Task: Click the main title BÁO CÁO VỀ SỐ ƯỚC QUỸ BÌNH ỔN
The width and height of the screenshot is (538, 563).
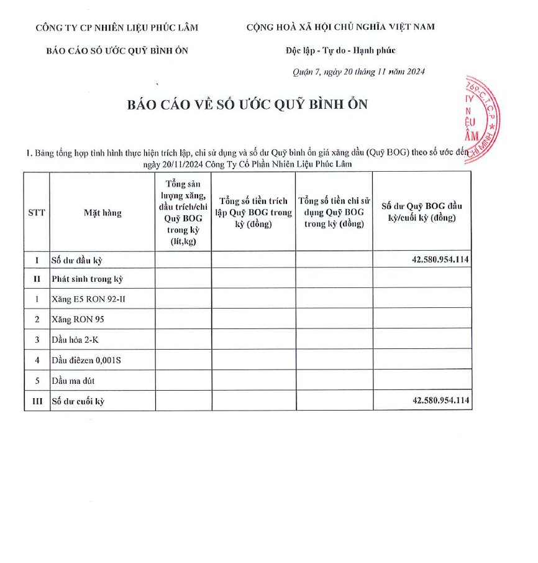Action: (x=247, y=105)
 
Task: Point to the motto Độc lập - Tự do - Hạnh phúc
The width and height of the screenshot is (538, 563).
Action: (x=336, y=50)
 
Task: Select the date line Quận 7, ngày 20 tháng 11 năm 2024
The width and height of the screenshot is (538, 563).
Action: (x=358, y=72)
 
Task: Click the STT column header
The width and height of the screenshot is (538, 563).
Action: (x=37, y=212)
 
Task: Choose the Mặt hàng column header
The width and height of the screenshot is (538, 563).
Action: (x=103, y=213)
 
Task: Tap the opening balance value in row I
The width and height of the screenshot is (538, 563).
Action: (x=440, y=260)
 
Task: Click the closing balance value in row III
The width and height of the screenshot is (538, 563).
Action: (x=440, y=401)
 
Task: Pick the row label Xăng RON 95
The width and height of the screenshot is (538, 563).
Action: (x=76, y=320)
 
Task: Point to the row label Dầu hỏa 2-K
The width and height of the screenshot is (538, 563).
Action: (x=76, y=340)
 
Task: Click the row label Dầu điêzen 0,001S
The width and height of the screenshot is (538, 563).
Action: (x=86, y=360)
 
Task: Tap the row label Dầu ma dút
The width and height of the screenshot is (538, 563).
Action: (x=73, y=381)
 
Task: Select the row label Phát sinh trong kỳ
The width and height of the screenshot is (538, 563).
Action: (x=83, y=279)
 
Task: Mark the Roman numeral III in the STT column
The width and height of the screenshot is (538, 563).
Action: (x=37, y=401)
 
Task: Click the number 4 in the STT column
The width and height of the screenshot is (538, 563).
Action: (x=37, y=360)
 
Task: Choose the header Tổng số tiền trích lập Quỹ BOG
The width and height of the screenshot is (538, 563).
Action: (x=253, y=212)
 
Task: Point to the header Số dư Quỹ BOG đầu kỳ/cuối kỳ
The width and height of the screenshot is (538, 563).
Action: (x=421, y=212)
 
